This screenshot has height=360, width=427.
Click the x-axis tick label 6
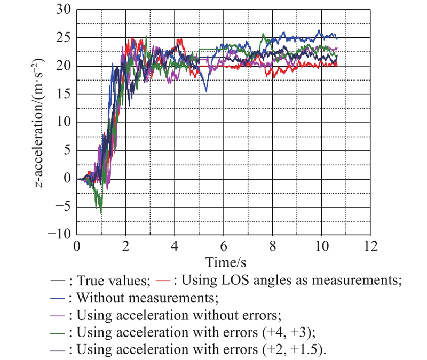point(224,246)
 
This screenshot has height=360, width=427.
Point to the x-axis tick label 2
point(126,246)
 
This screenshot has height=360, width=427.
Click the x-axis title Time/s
point(224,262)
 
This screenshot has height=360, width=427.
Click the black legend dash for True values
point(57,279)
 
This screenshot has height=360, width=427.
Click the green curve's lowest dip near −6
point(101,213)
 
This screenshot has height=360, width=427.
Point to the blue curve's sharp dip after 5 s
point(206,91)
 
